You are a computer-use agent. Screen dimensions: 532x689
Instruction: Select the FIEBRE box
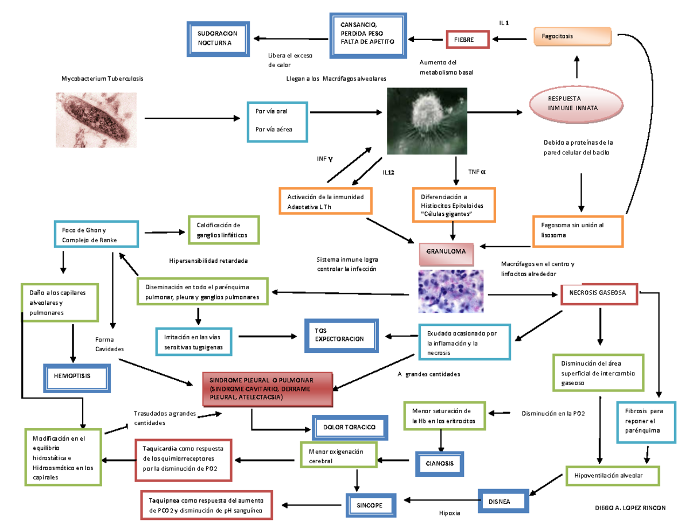[467, 40]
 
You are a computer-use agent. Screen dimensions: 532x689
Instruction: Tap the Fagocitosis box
[574, 37]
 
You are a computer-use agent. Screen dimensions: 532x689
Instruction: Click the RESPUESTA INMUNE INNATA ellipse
[576, 104]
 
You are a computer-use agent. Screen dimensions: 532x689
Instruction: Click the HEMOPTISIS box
[76, 375]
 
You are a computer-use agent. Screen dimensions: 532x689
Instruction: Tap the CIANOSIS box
[439, 463]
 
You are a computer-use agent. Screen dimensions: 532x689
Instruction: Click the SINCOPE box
[371, 504]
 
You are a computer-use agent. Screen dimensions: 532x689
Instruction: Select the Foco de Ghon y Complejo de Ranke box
[95, 234]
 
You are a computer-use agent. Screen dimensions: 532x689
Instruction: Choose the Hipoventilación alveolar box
[613, 476]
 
